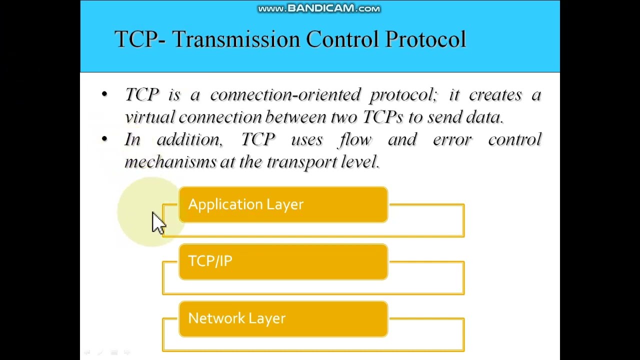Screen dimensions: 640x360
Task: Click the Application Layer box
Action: click(283, 204)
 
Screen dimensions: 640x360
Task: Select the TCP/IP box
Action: click(283, 261)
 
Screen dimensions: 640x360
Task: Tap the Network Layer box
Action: click(283, 318)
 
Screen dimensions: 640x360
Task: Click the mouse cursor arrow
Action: click(158, 222)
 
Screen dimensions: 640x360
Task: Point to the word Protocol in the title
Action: click(425, 39)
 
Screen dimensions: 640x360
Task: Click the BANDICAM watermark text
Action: click(319, 8)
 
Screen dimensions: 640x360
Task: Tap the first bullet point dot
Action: click(104, 94)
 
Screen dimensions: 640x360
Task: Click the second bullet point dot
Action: click(104, 139)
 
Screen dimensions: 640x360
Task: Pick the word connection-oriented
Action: click(285, 94)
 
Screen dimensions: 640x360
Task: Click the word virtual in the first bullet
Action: click(149, 117)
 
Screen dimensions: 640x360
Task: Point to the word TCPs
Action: click(382, 117)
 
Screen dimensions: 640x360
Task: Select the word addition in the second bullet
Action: click(189, 139)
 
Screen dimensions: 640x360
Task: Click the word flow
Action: click(355, 139)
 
